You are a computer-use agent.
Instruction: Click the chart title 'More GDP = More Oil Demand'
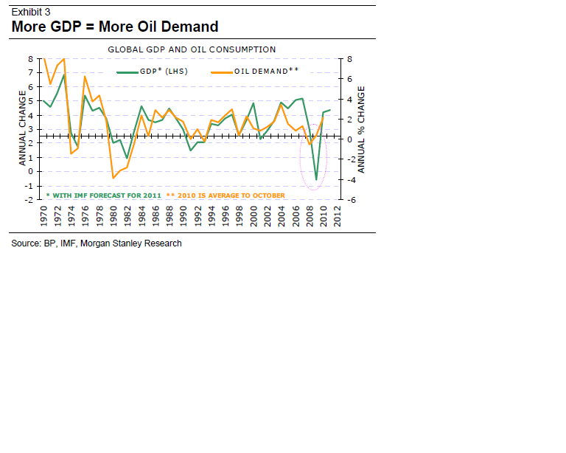[114, 27]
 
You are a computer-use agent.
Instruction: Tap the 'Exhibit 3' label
[30, 11]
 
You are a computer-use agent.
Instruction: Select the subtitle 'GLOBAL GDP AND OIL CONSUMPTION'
[192, 49]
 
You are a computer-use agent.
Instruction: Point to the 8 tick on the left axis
[30, 58]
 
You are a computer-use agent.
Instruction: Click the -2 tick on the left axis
[29, 200]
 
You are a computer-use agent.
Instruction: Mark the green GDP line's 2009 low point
[316, 179]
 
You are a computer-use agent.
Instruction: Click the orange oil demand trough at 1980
[113, 178]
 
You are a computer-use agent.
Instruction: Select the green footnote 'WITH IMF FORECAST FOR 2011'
[105, 195]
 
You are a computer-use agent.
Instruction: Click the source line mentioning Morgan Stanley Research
[97, 243]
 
